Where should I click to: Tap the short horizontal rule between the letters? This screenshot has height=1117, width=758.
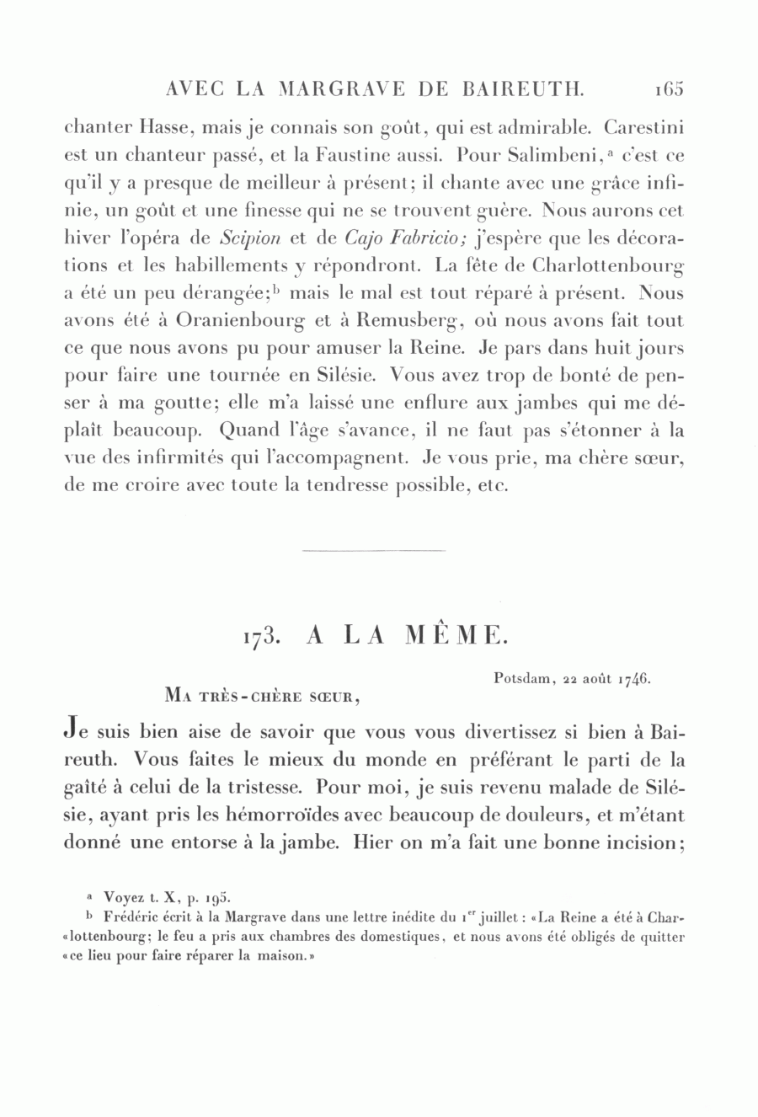(372, 551)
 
